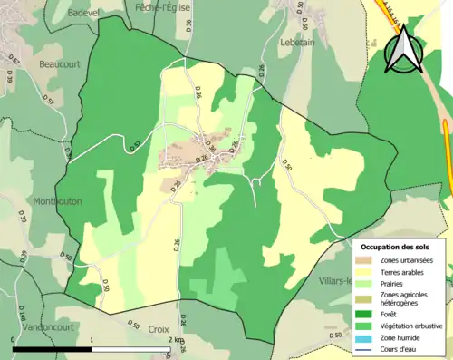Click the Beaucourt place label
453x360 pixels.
pos(59,64)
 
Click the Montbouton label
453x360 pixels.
pos(58,201)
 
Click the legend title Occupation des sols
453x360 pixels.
pos(395,247)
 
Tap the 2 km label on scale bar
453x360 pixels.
pos(175,338)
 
